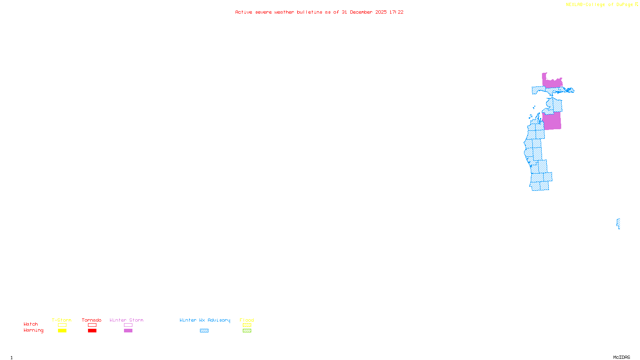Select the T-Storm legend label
coord(62,320)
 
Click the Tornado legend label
coord(92,320)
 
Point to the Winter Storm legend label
coord(126,320)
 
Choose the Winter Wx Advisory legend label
coord(205,320)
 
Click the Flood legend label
coord(247,320)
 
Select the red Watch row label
coord(31,324)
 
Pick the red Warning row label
coord(34,330)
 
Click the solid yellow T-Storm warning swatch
coord(62,331)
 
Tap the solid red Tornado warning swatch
coord(92,331)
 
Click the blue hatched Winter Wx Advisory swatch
coord(204,331)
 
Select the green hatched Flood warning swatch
coord(247,331)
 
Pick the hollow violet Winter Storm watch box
coord(128,325)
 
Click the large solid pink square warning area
coord(552,121)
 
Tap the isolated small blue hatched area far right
coord(618,223)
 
